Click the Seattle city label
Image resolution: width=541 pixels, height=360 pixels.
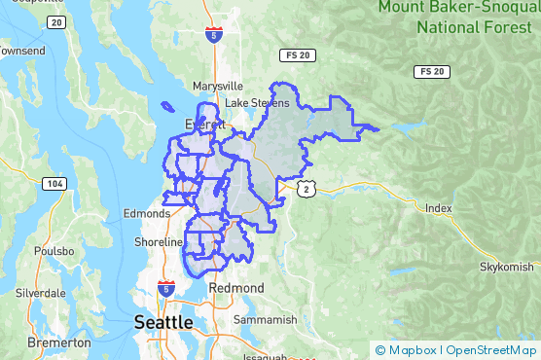click(x=163, y=321)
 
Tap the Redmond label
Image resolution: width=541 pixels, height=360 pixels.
click(x=236, y=288)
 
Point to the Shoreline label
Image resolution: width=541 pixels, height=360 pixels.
click(x=159, y=241)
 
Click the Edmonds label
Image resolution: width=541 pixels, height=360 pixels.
click(x=147, y=214)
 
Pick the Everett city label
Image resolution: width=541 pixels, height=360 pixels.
click(x=205, y=125)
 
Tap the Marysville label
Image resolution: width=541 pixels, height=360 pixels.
click(x=217, y=86)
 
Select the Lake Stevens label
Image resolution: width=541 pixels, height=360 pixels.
click(x=257, y=103)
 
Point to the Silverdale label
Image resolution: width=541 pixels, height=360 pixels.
click(x=40, y=292)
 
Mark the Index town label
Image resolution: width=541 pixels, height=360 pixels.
click(x=439, y=208)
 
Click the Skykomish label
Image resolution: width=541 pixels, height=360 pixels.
click(x=507, y=267)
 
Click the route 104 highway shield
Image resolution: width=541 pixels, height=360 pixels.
click(x=54, y=183)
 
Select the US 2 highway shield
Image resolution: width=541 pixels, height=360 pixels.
click(x=307, y=189)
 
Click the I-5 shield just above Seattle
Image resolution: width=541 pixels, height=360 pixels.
click(x=165, y=288)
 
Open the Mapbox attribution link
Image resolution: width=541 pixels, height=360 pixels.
click(x=411, y=350)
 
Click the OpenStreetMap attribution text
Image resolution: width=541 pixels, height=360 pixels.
click(x=491, y=350)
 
